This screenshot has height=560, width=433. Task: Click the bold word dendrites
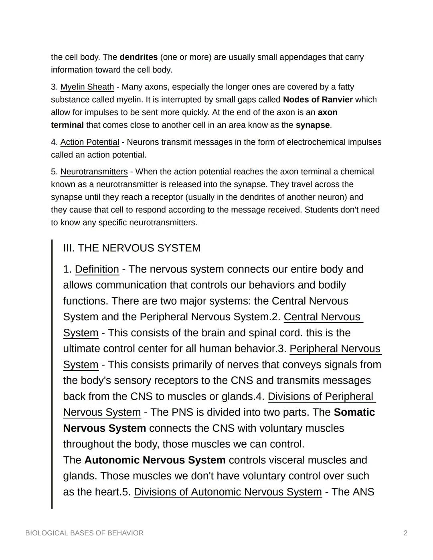(138, 57)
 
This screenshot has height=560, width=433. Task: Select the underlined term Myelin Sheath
(87, 87)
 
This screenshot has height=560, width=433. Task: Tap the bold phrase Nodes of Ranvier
(318, 100)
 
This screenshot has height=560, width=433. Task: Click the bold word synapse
(312, 125)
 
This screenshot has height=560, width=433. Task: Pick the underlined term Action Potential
(89, 142)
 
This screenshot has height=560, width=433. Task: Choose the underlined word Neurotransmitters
(94, 172)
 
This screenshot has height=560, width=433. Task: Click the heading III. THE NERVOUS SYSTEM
(132, 248)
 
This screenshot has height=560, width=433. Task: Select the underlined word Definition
(97, 269)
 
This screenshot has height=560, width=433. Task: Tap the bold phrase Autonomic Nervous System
(155, 460)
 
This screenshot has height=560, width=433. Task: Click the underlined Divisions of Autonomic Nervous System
(227, 492)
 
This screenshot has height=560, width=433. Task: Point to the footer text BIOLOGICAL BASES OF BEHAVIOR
(84, 533)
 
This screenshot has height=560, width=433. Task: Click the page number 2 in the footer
(405, 533)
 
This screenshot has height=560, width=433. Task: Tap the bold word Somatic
(354, 412)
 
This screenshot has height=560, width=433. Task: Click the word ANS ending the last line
(363, 492)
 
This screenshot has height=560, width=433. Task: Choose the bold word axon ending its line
(327, 113)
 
